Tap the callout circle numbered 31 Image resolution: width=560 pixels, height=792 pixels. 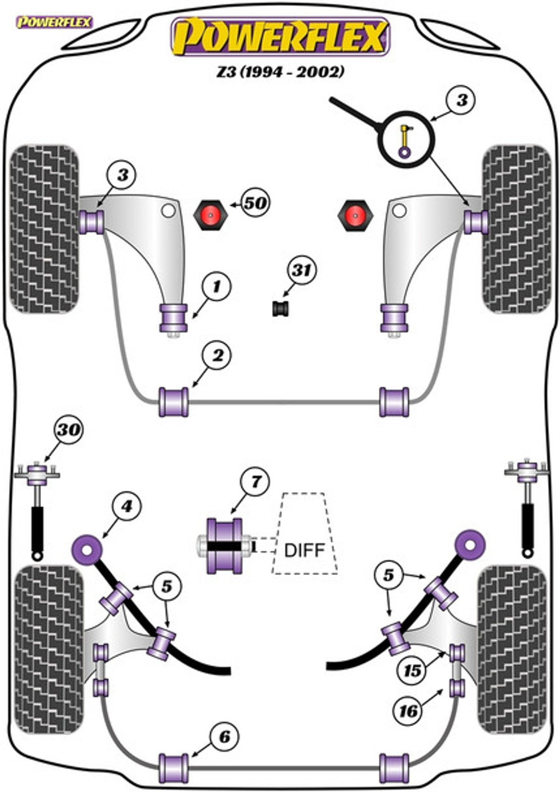point(302,271)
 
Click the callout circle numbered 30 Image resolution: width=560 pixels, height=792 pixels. point(68,430)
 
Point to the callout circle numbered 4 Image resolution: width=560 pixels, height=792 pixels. point(126,507)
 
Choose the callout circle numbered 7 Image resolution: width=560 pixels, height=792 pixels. point(254,482)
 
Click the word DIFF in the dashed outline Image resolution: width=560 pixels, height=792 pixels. point(304,550)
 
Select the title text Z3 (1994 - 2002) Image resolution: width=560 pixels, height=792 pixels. point(280,72)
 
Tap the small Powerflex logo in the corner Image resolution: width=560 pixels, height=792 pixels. point(55,22)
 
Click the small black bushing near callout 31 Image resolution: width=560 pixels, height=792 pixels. point(281,308)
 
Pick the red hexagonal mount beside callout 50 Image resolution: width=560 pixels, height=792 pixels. point(210,215)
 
